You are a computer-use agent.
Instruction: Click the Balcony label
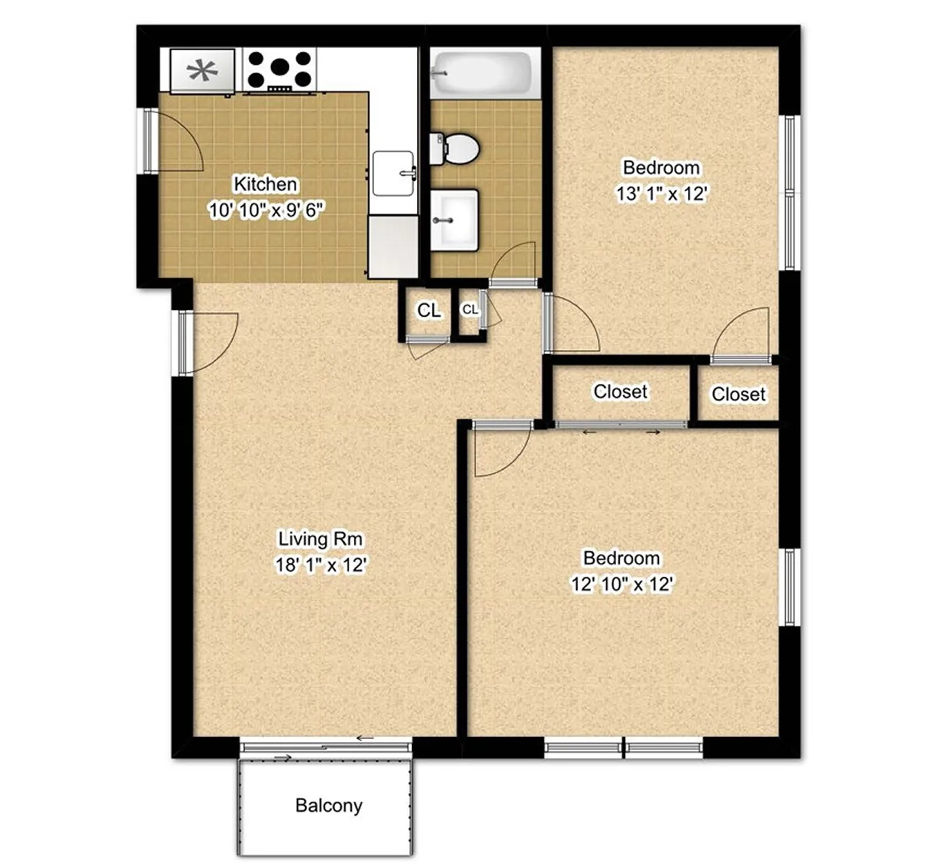point(329,806)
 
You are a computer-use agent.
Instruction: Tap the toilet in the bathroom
point(454,149)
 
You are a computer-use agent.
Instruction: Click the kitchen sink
point(394,173)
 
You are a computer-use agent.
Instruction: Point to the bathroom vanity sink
point(454,220)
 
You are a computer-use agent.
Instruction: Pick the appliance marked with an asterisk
point(202,71)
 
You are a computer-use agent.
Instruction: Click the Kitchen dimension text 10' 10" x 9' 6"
point(266,210)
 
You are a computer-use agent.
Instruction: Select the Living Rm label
point(321,539)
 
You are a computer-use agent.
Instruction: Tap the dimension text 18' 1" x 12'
point(321,564)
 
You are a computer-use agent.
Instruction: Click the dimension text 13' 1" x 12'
point(662,193)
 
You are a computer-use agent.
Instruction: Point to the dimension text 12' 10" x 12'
point(622,585)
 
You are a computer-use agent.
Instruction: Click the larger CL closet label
point(428,310)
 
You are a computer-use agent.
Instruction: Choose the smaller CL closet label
point(470,310)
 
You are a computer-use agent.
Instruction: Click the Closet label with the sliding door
point(620,391)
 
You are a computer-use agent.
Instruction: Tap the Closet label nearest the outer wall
point(738,395)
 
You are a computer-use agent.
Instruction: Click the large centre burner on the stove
point(279,67)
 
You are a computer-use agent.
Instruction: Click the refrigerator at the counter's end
point(393,246)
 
